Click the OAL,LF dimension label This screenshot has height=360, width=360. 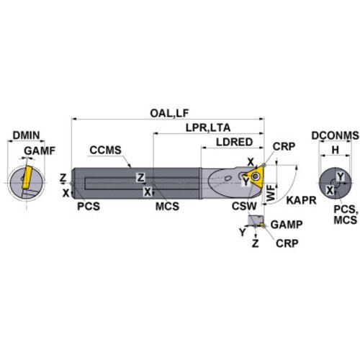click(x=169, y=113)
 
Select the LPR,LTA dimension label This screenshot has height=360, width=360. click(x=208, y=127)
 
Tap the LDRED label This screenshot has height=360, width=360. click(x=235, y=142)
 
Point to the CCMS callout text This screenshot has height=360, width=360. click(x=105, y=150)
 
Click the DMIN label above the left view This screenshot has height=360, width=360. click(x=26, y=135)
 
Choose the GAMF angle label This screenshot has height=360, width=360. click(x=40, y=150)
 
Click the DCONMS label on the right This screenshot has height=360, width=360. click(x=335, y=135)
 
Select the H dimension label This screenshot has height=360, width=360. click(x=335, y=150)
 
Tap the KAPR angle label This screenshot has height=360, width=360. click(x=301, y=200)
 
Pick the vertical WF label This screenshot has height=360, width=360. click(x=271, y=192)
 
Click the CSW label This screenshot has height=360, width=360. click(x=244, y=206)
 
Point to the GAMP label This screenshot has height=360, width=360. click(x=287, y=225)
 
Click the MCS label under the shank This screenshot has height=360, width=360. click(x=167, y=207)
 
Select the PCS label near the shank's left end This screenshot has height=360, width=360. click(x=89, y=207)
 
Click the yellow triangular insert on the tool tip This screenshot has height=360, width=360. click(x=254, y=178)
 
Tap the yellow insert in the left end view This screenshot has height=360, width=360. click(x=27, y=177)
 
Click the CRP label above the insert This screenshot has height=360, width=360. click(x=284, y=146)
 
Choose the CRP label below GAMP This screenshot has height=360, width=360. click(x=287, y=243)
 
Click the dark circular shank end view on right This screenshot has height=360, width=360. click(x=335, y=184)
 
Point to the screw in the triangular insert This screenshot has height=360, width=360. click(x=255, y=177)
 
